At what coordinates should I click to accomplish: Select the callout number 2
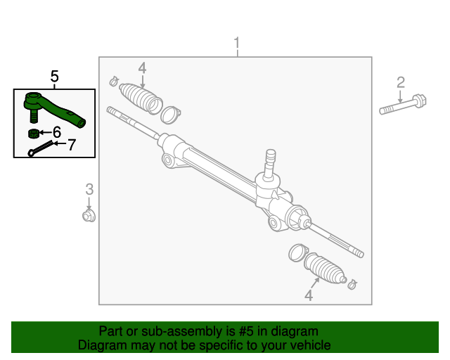[x=401, y=82]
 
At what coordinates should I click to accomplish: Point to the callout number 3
[x=89, y=188]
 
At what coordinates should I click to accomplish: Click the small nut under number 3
[x=89, y=214]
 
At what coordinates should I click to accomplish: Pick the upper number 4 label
[x=142, y=68]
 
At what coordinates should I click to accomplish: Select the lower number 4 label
[x=308, y=296]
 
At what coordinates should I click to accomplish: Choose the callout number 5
[x=54, y=76]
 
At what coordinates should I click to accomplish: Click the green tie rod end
[x=53, y=108]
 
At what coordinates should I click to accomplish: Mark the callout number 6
[x=56, y=132]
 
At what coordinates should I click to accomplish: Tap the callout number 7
[x=70, y=145]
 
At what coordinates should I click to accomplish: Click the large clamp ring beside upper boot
[x=171, y=112]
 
